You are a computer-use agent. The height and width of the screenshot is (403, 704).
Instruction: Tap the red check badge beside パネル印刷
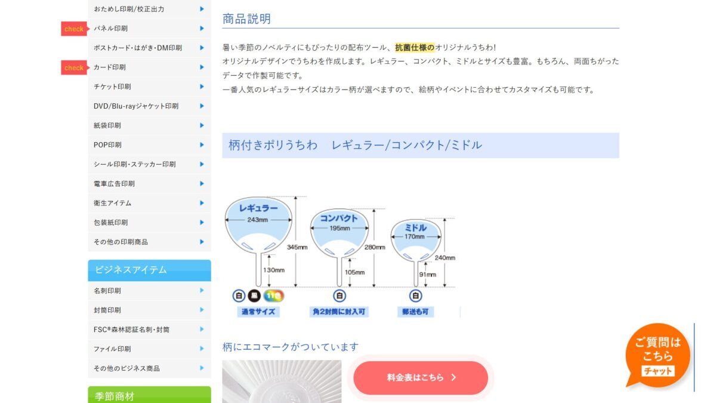pyautogui.click(x=75, y=29)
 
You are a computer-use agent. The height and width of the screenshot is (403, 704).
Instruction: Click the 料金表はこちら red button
pyautogui.click(x=421, y=378)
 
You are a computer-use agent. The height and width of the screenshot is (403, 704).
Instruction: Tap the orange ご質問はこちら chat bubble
pyautogui.click(x=657, y=355)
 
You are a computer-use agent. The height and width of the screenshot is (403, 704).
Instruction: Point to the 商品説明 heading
pyautogui.click(x=246, y=19)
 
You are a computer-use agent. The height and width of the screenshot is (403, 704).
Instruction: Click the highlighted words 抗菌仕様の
pyautogui.click(x=415, y=48)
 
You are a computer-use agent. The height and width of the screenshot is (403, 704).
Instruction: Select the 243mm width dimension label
pyautogui.click(x=258, y=220)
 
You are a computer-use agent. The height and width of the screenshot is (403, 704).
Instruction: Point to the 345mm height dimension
pyautogui.click(x=297, y=247)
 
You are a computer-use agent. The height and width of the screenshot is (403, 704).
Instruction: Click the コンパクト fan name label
pyautogui.click(x=339, y=219)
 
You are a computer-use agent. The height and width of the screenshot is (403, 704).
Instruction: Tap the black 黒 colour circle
pyautogui.click(x=255, y=296)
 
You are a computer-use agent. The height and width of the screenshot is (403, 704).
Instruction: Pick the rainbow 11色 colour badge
pyautogui.click(x=273, y=296)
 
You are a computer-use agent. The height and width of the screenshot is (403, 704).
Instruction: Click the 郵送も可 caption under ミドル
pyautogui.click(x=415, y=312)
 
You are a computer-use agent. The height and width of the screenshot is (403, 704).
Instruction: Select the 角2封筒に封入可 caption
pyautogui.click(x=339, y=312)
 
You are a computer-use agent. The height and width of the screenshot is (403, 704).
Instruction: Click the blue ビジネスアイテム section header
pyautogui.click(x=150, y=270)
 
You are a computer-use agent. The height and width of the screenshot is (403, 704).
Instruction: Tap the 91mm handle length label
pyautogui.click(x=427, y=275)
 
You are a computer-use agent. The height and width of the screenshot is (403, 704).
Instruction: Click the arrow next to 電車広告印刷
pyautogui.click(x=202, y=184)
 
